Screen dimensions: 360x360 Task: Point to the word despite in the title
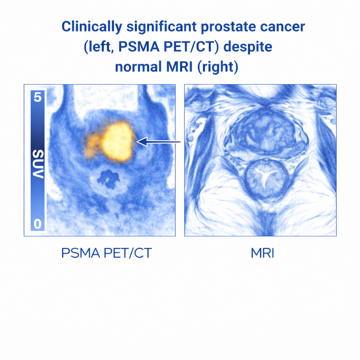249,47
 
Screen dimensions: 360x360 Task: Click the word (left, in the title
100,47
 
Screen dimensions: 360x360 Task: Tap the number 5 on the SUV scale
38,97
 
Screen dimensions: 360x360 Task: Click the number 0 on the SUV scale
38,224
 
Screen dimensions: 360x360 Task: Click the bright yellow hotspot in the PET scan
117,141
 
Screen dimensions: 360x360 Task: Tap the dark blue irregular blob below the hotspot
108,177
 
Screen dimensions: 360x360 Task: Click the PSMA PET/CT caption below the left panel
106,253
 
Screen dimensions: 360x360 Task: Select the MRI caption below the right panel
262,253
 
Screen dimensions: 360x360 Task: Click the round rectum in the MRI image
266,178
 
